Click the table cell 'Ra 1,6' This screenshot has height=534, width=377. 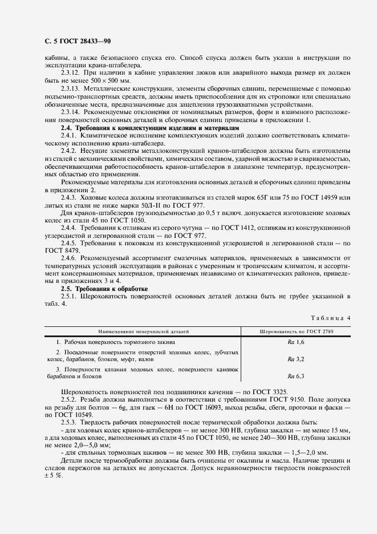tap(297, 341)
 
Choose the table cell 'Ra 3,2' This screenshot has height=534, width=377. tap(297, 359)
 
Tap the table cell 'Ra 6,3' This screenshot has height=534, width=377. tap(297, 376)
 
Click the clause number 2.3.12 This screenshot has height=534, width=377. tap(71, 74)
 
